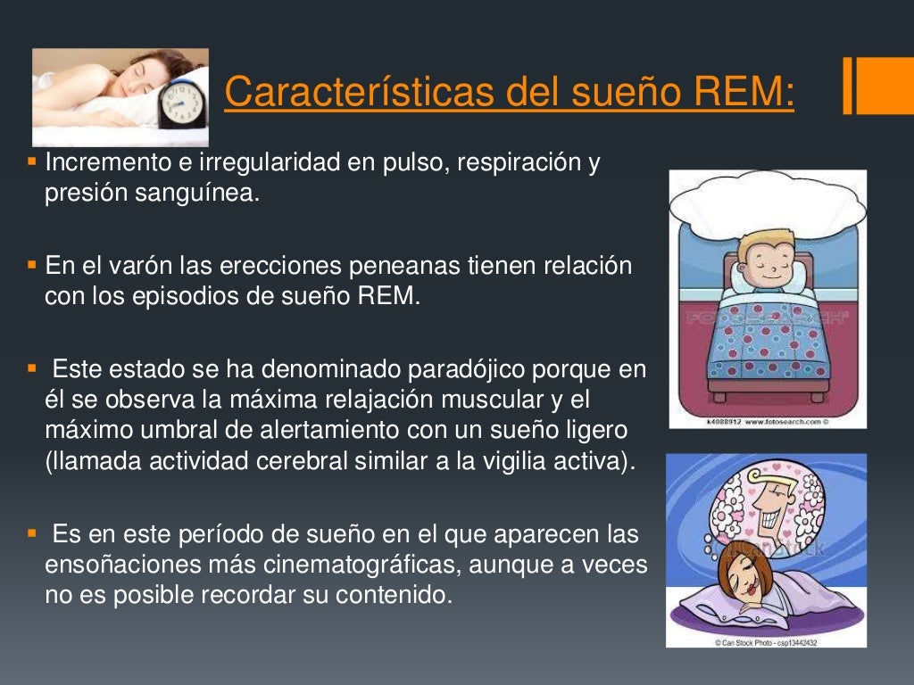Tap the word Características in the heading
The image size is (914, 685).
point(357,92)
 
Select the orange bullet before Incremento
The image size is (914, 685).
point(32,163)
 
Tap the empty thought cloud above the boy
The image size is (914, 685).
point(768,201)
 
